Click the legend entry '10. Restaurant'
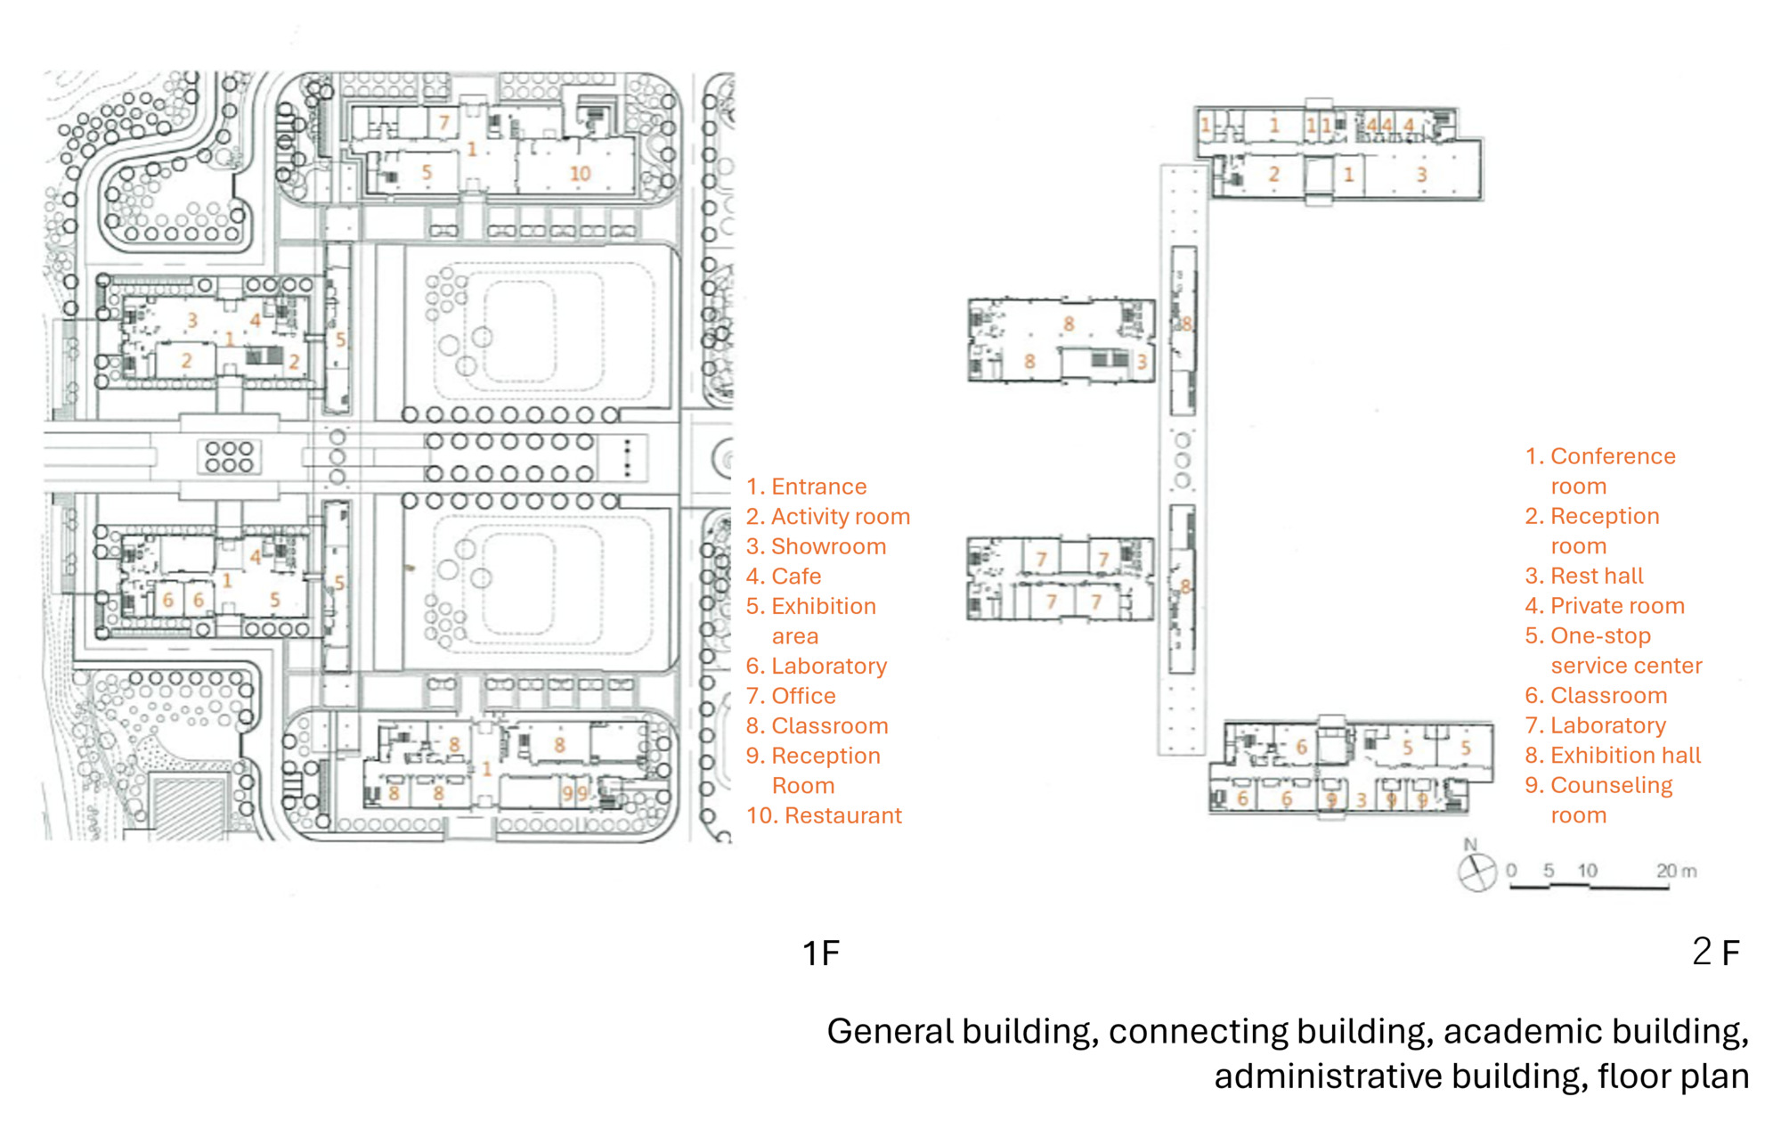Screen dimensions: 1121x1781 coord(824,815)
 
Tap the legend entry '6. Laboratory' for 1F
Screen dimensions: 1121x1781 coord(817,667)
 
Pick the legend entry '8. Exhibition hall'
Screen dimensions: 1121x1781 coord(1613,756)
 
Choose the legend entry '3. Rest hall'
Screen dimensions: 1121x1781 coord(1584,577)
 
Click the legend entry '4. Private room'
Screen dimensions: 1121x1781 coord(1605,606)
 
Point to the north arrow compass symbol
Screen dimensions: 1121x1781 coord(1477,871)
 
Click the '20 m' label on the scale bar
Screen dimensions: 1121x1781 coord(1676,871)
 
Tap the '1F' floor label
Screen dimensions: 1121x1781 coord(820,953)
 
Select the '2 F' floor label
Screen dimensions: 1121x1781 coord(1715,952)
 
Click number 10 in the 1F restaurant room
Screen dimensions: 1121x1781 coord(581,174)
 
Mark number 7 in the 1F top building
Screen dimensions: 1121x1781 coord(443,122)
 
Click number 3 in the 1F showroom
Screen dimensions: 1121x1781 coord(191,319)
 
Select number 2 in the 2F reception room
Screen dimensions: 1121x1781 coord(1273,175)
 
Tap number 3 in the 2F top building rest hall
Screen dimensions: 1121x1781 coord(1421,175)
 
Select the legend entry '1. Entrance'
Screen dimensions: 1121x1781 coord(806,487)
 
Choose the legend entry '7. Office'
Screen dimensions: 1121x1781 coord(791,696)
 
